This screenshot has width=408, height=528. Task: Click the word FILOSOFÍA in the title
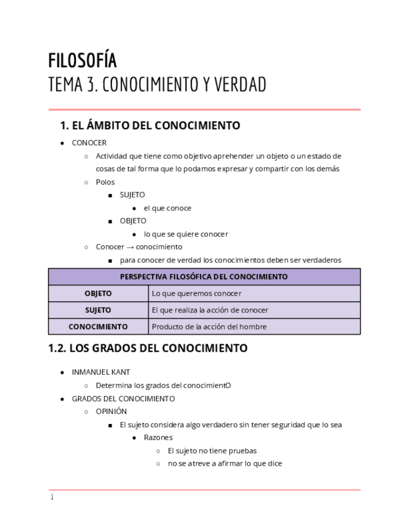(82, 60)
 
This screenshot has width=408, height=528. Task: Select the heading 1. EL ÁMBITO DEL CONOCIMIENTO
(149, 126)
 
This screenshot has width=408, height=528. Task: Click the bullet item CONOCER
(89, 143)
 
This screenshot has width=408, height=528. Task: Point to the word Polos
(105, 182)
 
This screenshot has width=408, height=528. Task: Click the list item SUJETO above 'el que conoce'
(132, 195)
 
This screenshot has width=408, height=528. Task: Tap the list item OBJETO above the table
(133, 220)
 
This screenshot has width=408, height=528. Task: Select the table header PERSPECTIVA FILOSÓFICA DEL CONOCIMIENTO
(204, 276)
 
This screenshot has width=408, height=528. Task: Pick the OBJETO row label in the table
(98, 293)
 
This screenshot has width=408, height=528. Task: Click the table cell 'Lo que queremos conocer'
(196, 293)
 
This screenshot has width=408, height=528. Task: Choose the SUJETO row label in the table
(98, 310)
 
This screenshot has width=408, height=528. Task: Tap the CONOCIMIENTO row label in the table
(98, 326)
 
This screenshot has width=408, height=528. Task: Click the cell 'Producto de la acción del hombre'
(209, 326)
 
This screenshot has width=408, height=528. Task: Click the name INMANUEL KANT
(101, 372)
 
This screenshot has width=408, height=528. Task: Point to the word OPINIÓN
(111, 411)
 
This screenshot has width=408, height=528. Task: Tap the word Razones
(158, 437)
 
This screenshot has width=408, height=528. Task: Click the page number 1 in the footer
(52, 497)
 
